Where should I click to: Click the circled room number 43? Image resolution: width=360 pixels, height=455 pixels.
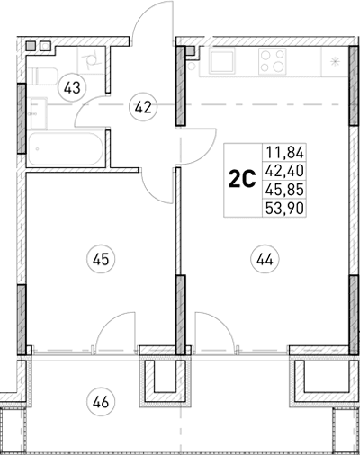tap(72, 87)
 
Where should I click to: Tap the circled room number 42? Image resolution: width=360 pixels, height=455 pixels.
tap(141, 106)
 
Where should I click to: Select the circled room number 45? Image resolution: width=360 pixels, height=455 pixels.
tap(101, 260)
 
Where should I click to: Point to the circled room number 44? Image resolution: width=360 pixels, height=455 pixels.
tap(264, 260)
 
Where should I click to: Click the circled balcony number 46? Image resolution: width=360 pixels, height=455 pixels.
tap(101, 400)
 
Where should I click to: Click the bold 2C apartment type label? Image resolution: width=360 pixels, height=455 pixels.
tap(239, 178)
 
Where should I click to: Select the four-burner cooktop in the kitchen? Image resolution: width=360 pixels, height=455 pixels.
tap(275, 61)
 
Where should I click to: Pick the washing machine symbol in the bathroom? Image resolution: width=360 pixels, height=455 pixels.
tap(90, 61)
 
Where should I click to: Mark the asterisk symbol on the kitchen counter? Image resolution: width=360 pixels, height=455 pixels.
tap(335, 62)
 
